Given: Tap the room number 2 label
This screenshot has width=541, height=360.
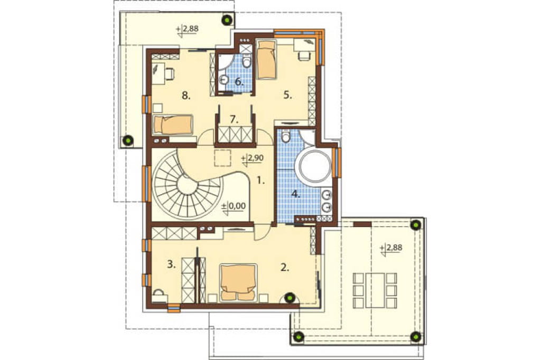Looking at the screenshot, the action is point(285,267).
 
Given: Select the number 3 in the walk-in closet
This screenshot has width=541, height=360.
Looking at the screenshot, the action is point(171,264).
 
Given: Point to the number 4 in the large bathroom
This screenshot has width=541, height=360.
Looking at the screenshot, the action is point(295,194).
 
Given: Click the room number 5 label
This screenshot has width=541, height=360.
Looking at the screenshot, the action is point(288,95).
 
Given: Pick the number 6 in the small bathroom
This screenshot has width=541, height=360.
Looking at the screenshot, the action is point(239,82).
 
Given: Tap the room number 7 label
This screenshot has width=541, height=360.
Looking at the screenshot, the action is point(234,119).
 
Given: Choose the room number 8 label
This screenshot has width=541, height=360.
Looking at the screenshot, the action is point(186,96).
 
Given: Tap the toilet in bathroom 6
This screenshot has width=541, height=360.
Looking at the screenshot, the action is point(246,62).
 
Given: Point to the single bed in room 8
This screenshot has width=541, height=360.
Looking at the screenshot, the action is point(173,125).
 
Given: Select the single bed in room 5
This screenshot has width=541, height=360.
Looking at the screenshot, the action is point(266,60).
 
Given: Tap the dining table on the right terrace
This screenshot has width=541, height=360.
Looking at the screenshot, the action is point(375,290).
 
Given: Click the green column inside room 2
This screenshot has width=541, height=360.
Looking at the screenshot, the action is point(291,297).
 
